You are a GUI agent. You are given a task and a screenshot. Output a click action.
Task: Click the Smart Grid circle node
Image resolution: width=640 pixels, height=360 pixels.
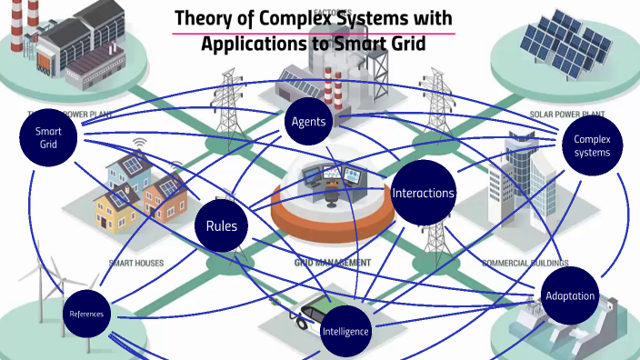click(x=49, y=139)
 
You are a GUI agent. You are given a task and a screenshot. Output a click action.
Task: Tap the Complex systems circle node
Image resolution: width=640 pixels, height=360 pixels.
click(x=592, y=145)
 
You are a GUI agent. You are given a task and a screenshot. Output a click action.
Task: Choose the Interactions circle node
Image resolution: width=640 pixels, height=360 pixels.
click(x=423, y=193)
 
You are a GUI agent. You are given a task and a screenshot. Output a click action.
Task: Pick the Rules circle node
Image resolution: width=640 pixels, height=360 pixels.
click(x=221, y=225)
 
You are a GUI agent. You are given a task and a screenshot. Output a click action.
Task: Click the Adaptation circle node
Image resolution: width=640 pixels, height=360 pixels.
click(x=570, y=296)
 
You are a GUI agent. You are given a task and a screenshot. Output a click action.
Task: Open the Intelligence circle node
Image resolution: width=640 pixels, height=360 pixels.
click(x=345, y=331)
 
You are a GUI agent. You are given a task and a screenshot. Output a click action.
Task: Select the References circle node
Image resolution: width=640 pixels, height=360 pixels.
click(x=87, y=315)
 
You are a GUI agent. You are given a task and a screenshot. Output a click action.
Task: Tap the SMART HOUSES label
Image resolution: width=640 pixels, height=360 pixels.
click(x=136, y=263)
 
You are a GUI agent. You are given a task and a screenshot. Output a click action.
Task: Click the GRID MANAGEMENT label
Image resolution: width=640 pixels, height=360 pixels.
click(x=332, y=262)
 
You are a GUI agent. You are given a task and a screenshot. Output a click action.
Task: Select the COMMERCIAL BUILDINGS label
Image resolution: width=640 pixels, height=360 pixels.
click(x=518, y=263)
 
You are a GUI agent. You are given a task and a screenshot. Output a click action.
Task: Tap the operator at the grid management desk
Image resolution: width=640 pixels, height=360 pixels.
click(x=333, y=187)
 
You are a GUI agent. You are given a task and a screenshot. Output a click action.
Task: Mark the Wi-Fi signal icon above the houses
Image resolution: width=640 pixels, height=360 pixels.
click(x=139, y=145)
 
